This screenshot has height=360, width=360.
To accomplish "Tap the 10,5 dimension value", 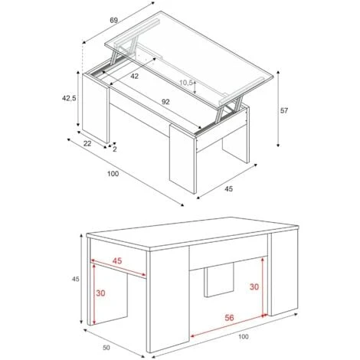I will [186, 83].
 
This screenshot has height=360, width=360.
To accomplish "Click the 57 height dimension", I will [284, 111].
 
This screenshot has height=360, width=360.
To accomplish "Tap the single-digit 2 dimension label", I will [115, 150].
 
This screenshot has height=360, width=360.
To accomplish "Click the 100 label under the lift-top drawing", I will [113, 175].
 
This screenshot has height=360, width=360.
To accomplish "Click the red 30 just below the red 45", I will [100, 293].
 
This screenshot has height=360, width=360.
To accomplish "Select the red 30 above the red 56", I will [253, 287].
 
